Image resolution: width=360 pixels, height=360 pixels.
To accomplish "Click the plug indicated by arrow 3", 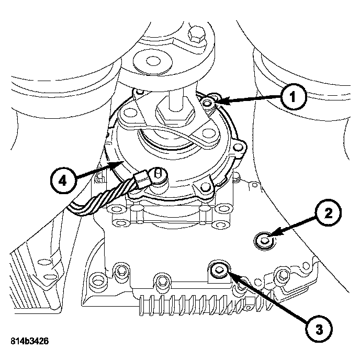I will pos(219,270).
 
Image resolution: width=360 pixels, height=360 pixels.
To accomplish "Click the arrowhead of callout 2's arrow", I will pos(272,234).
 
